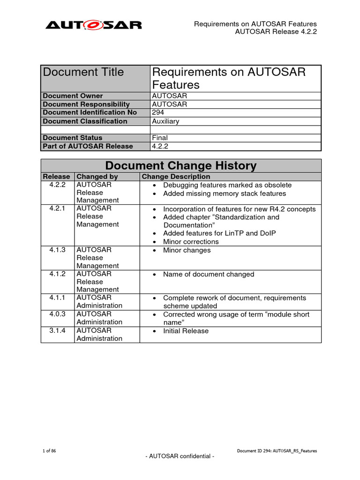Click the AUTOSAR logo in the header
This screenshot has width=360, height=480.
[x=93, y=25]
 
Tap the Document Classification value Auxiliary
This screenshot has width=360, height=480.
[x=165, y=121]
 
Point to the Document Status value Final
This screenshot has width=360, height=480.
[x=160, y=138]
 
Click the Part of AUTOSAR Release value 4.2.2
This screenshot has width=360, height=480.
[x=160, y=146]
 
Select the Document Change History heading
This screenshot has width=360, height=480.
[x=181, y=165]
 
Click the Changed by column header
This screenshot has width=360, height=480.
[x=97, y=177]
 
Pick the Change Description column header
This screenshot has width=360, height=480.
[x=176, y=177]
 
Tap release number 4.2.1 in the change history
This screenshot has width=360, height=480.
[x=57, y=209]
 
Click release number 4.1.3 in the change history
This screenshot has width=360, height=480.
[x=57, y=250]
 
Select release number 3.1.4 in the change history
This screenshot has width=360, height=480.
[x=57, y=330]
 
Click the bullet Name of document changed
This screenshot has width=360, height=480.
[x=208, y=274]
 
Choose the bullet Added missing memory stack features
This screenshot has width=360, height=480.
[x=224, y=194]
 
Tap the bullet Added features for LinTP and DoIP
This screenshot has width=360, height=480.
[x=219, y=233]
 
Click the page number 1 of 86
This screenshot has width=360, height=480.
[x=49, y=451]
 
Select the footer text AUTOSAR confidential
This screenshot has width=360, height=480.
[x=180, y=457]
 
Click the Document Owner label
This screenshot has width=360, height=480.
[x=73, y=96]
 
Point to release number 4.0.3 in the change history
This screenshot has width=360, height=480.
[x=57, y=314]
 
